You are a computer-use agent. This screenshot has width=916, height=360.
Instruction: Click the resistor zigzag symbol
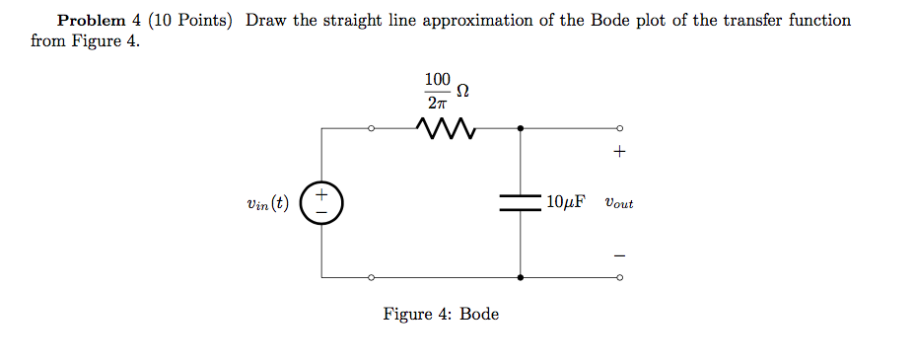(x=447, y=128)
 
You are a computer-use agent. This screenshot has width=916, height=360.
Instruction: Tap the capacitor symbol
(x=520, y=202)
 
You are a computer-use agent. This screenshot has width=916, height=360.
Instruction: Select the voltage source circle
(x=322, y=203)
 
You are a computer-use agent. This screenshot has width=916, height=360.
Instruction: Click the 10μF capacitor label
(x=565, y=203)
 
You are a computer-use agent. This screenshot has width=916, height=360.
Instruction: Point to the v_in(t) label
(x=268, y=204)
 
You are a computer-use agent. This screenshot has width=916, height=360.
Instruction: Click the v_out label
(x=619, y=204)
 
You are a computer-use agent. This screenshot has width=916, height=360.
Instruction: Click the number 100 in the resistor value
(x=437, y=79)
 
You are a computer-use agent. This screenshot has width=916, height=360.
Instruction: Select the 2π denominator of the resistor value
(x=437, y=101)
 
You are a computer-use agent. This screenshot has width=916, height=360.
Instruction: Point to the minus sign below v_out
(x=619, y=254)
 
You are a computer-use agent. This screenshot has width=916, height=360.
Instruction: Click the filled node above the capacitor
(x=520, y=127)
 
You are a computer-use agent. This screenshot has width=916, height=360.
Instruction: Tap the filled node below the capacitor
(x=520, y=278)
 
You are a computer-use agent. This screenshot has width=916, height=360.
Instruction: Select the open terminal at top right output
(x=619, y=127)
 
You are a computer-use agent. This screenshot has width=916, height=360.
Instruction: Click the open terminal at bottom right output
(x=619, y=278)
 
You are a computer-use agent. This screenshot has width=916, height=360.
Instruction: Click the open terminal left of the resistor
(x=371, y=127)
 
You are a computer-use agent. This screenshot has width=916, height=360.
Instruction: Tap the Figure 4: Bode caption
(x=441, y=315)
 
